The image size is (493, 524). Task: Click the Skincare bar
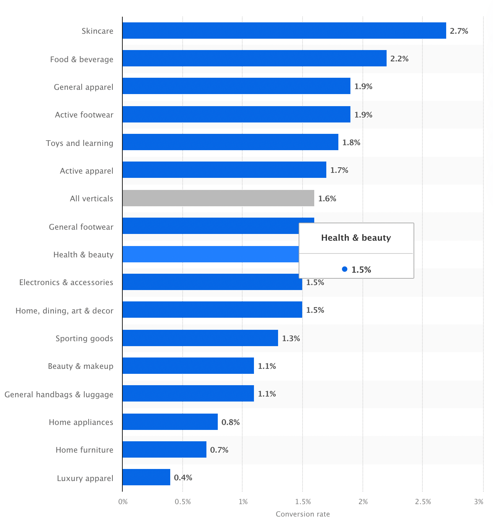(x=284, y=31)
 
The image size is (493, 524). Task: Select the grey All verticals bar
(x=218, y=198)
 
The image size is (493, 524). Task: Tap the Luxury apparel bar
(x=146, y=477)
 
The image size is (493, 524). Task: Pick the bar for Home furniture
(x=164, y=449)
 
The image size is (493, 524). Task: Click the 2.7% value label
(x=459, y=31)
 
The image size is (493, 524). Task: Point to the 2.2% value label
(x=399, y=59)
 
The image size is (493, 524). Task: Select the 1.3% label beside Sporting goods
(x=291, y=339)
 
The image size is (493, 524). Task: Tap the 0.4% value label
(x=183, y=478)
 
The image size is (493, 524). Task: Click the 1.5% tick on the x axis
(x=303, y=502)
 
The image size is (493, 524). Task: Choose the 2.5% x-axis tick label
(x=423, y=502)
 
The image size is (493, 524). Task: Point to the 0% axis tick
(x=123, y=502)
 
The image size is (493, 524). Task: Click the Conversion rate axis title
(x=303, y=514)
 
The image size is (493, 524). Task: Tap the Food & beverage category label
(x=82, y=59)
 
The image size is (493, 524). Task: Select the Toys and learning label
(x=79, y=143)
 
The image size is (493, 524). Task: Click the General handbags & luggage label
(x=59, y=394)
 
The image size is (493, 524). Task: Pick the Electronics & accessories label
(x=66, y=282)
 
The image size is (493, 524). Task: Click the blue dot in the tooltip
(x=344, y=269)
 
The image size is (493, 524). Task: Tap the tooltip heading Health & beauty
(x=356, y=238)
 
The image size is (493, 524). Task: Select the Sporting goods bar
(x=200, y=338)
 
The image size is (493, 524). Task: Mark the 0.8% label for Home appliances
(x=231, y=422)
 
